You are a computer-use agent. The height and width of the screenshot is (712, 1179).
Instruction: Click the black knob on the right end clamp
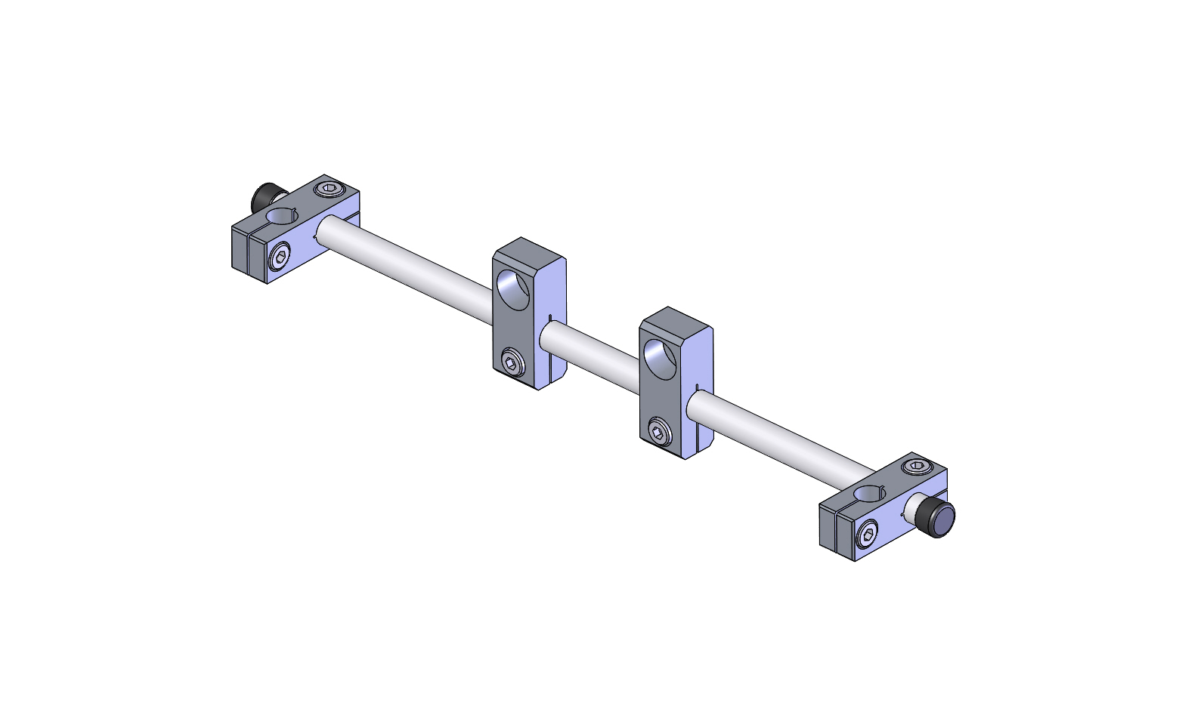tap(942, 519)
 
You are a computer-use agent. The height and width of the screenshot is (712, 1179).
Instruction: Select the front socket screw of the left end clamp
tap(280, 258)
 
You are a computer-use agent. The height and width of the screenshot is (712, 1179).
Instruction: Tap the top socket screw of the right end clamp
tap(915, 467)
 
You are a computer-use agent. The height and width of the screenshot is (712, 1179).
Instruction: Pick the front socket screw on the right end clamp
tap(868, 536)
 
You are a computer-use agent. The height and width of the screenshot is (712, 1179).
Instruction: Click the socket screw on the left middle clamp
tap(513, 364)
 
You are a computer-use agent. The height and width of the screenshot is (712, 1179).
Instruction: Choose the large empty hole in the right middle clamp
tap(659, 358)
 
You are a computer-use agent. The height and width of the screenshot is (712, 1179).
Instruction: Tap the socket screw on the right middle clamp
tap(660, 433)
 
